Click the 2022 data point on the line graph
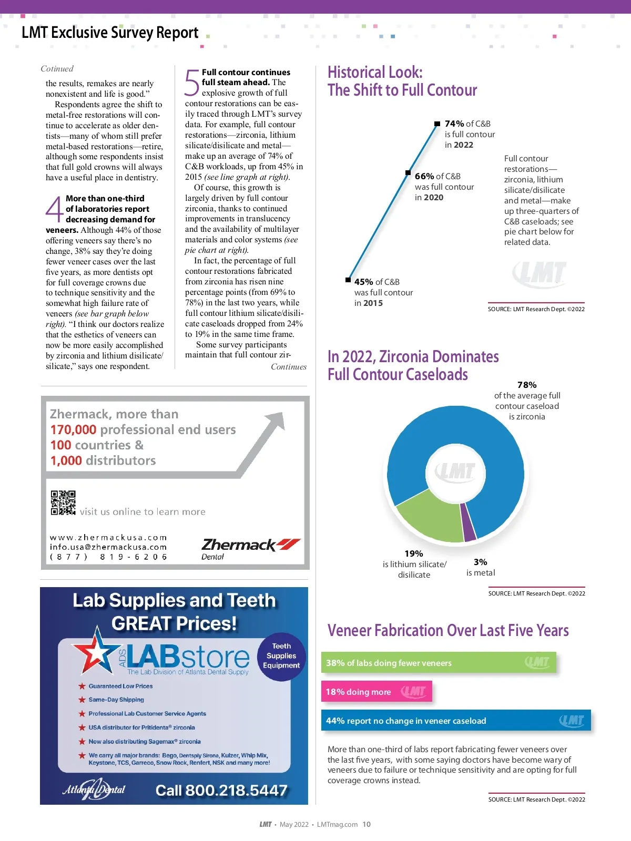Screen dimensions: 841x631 tap(437, 124)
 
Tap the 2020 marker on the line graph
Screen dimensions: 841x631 tap(408, 172)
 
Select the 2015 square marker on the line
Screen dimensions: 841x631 tap(348, 280)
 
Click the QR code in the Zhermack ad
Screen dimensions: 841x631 tap(63, 503)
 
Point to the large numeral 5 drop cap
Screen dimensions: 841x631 tap(192, 83)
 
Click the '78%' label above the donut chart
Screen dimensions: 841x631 tap(527, 385)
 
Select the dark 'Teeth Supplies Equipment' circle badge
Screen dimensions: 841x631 tap(281, 656)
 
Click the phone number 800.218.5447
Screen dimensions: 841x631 tap(221, 790)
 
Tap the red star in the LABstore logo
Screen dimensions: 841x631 tap(95, 652)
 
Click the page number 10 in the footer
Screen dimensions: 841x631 tap(367, 824)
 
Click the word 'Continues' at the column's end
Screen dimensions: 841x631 tap(289, 367)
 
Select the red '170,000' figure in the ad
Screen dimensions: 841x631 tap(73, 429)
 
